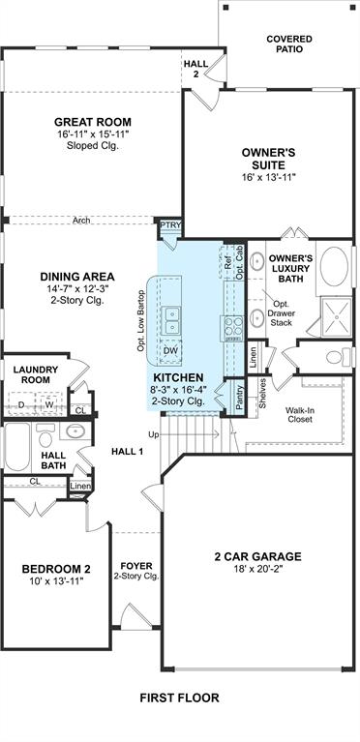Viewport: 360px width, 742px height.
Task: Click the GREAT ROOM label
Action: [x=92, y=122]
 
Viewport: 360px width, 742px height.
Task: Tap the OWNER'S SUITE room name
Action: [x=269, y=159]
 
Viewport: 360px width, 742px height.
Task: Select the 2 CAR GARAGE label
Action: [x=257, y=556]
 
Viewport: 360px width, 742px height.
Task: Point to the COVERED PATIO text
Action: [x=289, y=44]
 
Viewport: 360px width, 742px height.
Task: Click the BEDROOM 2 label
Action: [x=56, y=569]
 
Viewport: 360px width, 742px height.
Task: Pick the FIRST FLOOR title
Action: [x=180, y=697]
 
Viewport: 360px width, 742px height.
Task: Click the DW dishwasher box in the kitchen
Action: [x=170, y=350]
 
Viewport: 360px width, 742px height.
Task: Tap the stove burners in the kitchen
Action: [x=232, y=328]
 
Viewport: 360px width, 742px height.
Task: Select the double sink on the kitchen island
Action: [x=170, y=320]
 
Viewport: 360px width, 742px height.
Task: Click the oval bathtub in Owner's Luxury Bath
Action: [x=334, y=266]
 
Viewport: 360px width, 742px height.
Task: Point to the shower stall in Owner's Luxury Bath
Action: [x=337, y=316]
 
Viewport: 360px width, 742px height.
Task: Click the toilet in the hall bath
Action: [x=45, y=435]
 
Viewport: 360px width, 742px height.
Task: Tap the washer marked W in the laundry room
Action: [x=49, y=404]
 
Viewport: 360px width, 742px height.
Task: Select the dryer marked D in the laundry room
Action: [x=21, y=404]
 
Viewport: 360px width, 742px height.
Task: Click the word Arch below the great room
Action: [x=81, y=221]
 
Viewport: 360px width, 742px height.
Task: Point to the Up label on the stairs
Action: [x=154, y=434]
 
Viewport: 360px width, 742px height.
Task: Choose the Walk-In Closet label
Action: [x=299, y=415]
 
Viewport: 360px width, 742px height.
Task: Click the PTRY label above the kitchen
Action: [x=170, y=224]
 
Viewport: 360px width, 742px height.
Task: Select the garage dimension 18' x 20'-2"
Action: [x=257, y=568]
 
